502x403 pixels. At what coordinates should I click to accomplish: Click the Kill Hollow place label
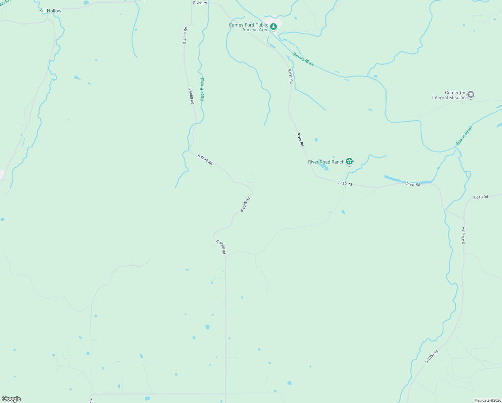[50, 11]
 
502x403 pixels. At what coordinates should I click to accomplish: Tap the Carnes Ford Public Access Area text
[249, 27]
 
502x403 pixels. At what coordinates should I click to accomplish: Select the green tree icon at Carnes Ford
[274, 26]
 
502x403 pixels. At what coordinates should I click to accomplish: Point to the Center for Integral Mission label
[449, 95]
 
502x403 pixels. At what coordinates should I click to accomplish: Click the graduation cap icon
[471, 95]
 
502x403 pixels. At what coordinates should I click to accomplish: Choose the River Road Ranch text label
[326, 162]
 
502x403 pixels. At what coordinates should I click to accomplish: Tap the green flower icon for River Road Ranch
[349, 162]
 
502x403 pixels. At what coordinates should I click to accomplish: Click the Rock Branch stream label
[202, 89]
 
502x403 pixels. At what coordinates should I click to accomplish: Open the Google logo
[11, 399]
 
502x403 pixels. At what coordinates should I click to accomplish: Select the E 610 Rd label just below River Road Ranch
[345, 183]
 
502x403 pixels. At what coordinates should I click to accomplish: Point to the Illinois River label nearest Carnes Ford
[303, 59]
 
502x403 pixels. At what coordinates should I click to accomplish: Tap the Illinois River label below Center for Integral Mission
[464, 136]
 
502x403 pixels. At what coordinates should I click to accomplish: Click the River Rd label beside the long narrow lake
[413, 184]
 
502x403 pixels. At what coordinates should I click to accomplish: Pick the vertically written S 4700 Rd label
[463, 235]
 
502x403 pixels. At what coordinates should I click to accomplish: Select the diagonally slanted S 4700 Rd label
[432, 357]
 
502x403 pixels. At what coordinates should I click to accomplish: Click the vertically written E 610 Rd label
[290, 76]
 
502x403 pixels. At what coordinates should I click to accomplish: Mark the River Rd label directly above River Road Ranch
[300, 139]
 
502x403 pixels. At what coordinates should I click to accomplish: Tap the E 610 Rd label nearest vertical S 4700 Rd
[481, 197]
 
